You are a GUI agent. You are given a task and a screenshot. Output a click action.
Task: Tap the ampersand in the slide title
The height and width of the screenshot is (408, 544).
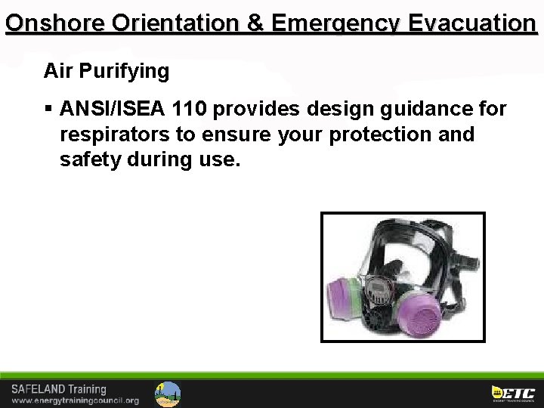255,23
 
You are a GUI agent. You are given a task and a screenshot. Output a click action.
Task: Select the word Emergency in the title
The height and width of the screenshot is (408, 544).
335,23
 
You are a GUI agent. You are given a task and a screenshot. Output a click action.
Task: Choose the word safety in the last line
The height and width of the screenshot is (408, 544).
85,159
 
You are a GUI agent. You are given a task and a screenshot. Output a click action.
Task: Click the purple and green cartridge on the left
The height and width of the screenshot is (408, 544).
345,292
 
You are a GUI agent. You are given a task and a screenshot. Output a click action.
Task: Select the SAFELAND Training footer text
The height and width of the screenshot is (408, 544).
59,389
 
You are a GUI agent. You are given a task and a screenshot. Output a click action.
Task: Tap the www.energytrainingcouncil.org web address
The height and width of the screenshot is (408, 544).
76,400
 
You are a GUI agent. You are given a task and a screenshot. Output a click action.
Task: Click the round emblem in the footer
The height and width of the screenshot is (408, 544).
168,394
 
